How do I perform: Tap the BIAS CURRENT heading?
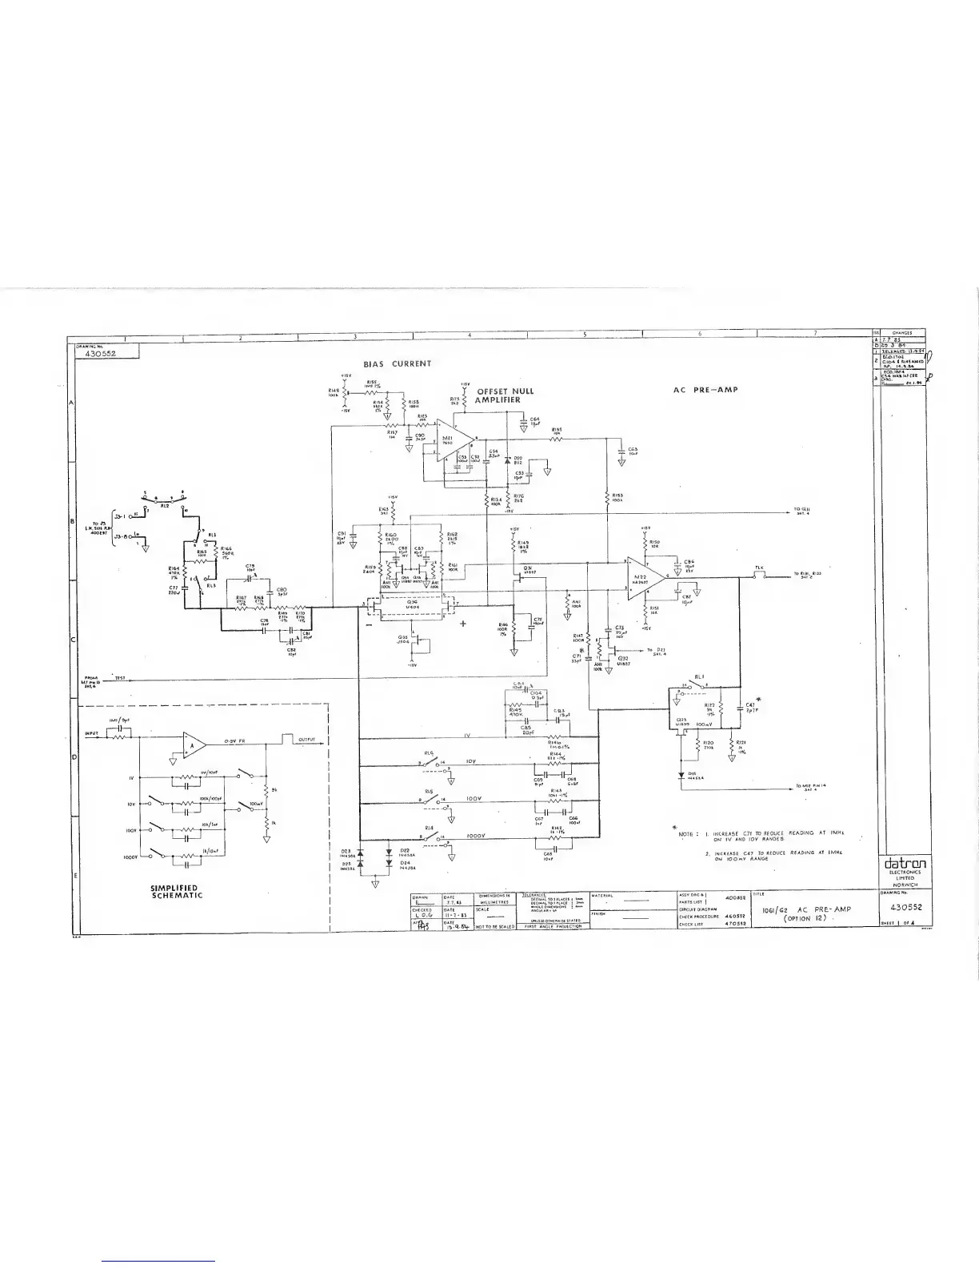coord(398,363)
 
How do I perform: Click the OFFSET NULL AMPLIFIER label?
coord(505,395)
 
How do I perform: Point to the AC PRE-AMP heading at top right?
coord(705,391)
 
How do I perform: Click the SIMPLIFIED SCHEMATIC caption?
coord(176,892)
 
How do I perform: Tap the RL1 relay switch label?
coord(698,676)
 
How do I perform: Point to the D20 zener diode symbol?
coord(507,460)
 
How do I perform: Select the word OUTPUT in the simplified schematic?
coord(307,740)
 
